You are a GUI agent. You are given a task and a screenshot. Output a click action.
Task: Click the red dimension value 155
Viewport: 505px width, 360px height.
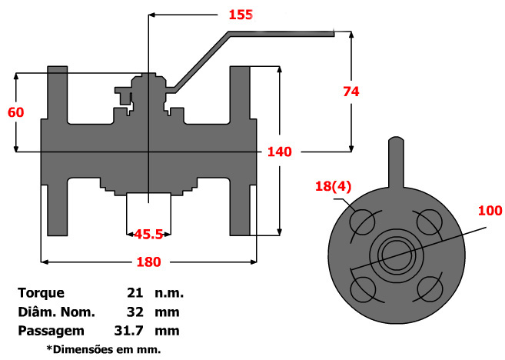tap(240, 15)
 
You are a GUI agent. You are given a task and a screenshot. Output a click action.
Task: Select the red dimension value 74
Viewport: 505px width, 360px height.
tap(351, 91)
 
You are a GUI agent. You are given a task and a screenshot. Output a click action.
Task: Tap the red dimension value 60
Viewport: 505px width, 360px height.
tap(15, 112)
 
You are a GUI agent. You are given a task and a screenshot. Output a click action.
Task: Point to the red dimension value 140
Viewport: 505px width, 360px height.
tap(279, 152)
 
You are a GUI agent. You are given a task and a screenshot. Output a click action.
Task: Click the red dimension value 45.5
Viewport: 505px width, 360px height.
tap(148, 233)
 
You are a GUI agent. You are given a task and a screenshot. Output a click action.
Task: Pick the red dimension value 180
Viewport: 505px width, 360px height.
tap(148, 262)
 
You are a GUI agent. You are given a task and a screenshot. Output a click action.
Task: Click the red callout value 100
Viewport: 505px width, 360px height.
tap(489, 210)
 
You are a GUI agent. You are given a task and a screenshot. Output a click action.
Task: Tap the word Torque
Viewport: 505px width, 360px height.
tap(42, 292)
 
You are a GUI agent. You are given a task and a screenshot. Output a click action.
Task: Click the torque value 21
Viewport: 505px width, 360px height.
tap(135, 292)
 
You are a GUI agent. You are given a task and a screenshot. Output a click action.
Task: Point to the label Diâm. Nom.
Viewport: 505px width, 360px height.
tap(56, 312)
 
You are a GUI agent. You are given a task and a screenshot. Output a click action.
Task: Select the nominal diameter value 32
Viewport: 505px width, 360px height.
tap(135, 312)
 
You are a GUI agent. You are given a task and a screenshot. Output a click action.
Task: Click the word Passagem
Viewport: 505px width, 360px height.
tap(51, 331)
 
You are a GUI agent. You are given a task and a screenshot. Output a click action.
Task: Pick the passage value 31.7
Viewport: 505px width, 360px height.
tap(131, 331)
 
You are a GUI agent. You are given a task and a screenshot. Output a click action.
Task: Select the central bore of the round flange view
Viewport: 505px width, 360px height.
tap(395, 255)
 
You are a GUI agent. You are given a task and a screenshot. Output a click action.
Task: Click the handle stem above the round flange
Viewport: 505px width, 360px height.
tap(395, 162)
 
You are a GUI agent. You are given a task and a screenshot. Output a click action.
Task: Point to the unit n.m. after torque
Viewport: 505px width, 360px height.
tap(169, 292)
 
